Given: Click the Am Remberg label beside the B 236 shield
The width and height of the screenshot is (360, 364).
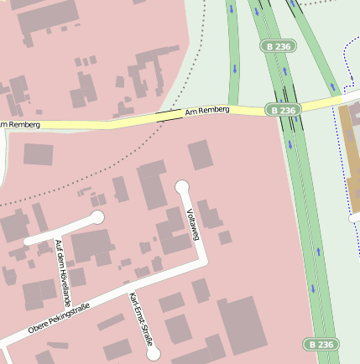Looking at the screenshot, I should pyautogui.click(x=206, y=110).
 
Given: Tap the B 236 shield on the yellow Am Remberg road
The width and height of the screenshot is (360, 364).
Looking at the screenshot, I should pyautogui.click(x=284, y=110).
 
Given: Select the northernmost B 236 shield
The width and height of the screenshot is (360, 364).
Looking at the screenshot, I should pyautogui.click(x=277, y=46).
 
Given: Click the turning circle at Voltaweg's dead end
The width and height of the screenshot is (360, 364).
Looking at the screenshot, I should pyautogui.click(x=182, y=186).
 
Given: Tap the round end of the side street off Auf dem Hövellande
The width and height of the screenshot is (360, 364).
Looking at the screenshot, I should pyautogui.click(x=97, y=218).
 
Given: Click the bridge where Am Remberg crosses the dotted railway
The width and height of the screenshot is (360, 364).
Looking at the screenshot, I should pyautogui.click(x=170, y=117).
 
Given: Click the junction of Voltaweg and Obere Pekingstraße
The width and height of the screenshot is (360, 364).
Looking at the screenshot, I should pyautogui.click(x=201, y=264).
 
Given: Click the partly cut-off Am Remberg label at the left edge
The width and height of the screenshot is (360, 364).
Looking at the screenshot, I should pyautogui.click(x=14, y=125).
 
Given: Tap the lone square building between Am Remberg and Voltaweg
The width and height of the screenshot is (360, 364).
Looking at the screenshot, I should pyautogui.click(x=200, y=155).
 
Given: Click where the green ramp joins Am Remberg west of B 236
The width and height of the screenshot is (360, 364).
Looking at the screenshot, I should pyautogui.click(x=234, y=108).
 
